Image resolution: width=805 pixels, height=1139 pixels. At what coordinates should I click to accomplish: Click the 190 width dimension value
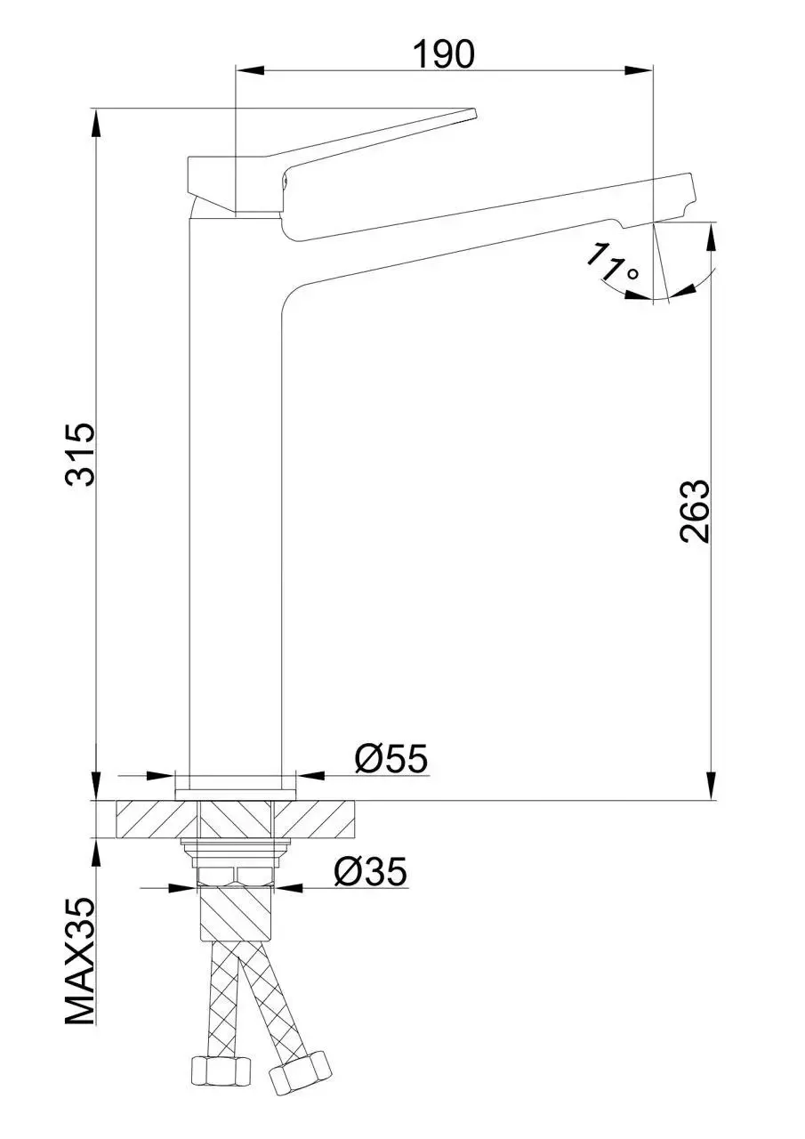[443, 55]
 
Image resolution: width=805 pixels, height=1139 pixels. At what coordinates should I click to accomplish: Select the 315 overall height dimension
[81, 455]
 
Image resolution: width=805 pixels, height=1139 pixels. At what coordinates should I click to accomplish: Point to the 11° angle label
[613, 263]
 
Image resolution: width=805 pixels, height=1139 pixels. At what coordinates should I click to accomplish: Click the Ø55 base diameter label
[390, 759]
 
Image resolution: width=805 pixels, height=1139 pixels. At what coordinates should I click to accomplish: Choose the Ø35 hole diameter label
[370, 872]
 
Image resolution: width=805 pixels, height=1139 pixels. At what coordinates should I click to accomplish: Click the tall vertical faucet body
[236, 498]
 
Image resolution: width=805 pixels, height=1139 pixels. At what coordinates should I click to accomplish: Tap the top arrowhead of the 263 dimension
[712, 236]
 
